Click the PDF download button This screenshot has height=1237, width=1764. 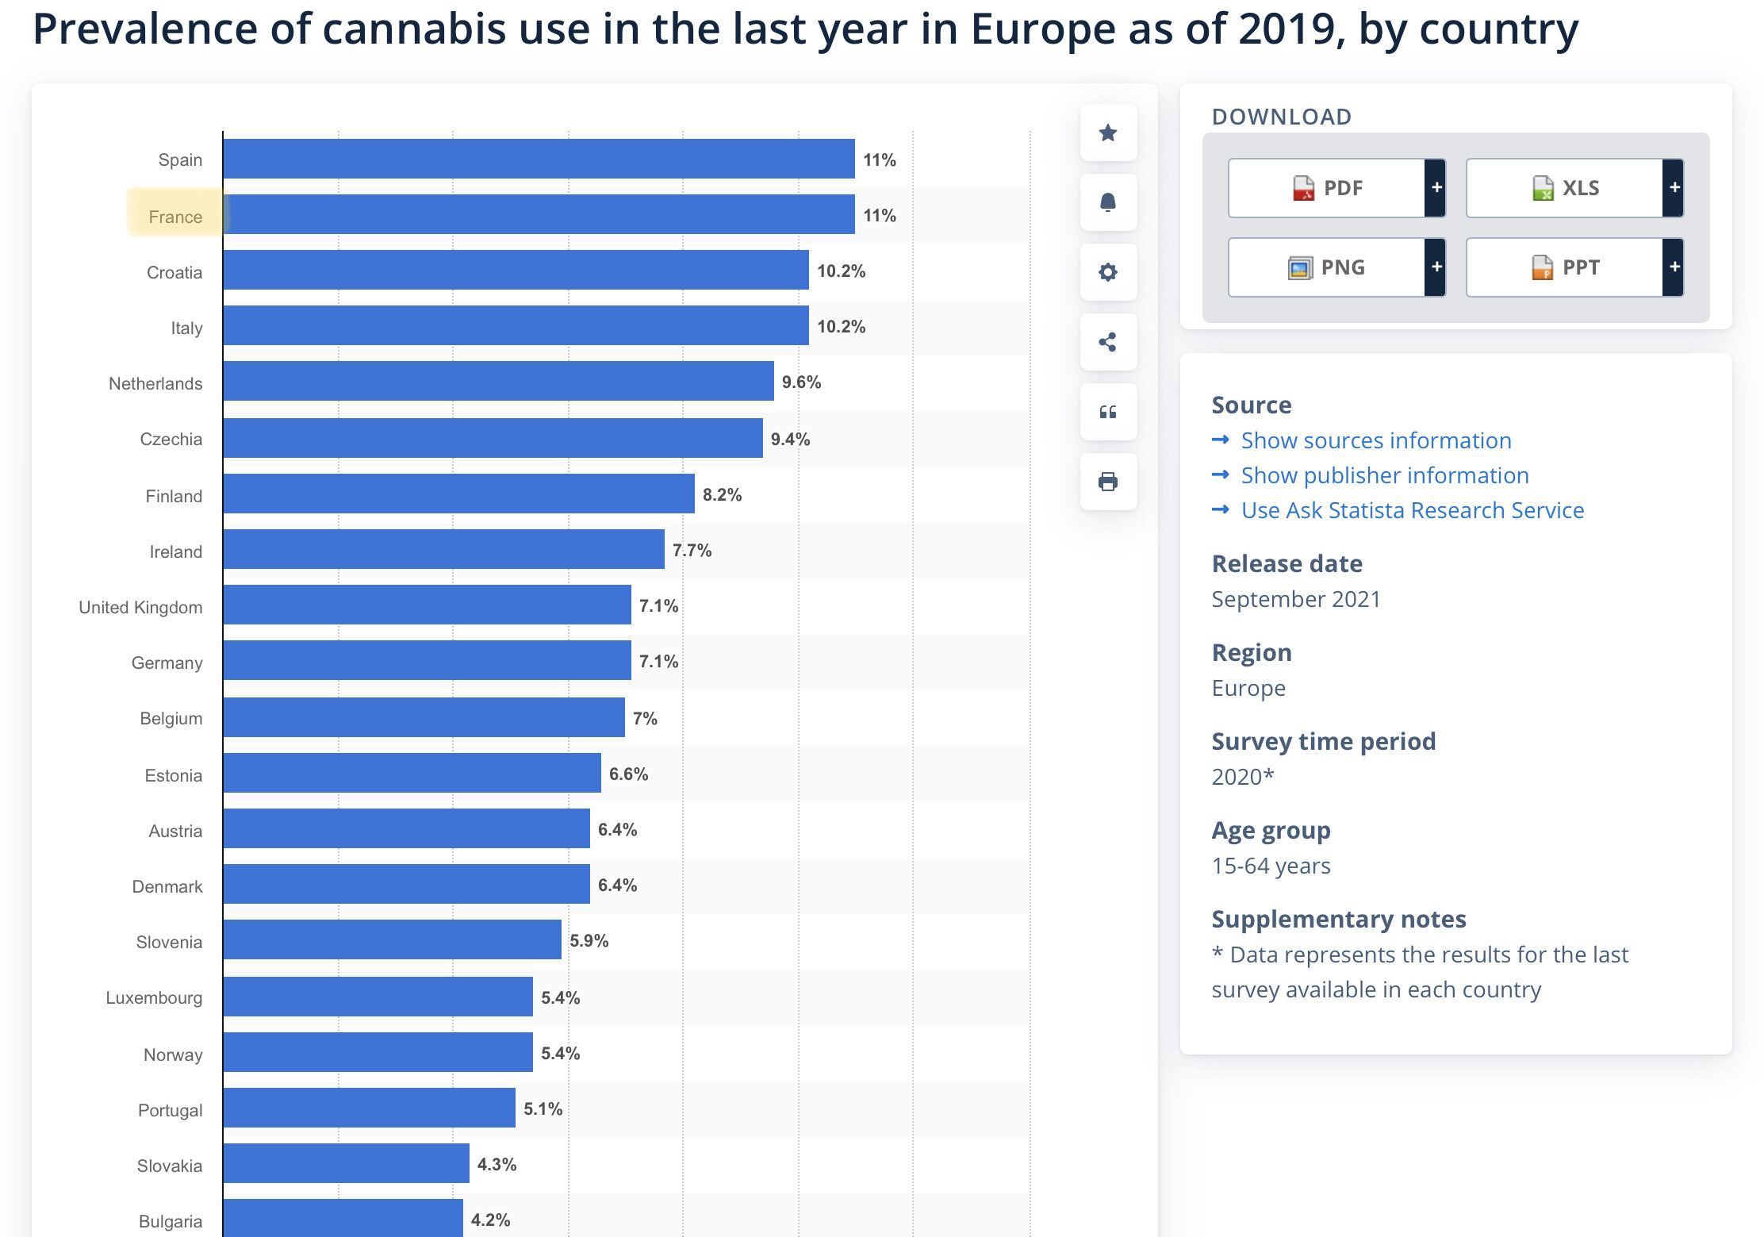coord(1327,188)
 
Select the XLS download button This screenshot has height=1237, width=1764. coord(1565,188)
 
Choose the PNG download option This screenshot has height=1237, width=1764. coord(1327,267)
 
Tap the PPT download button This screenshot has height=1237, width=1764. coord(1565,267)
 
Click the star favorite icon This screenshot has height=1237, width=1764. coord(1108,133)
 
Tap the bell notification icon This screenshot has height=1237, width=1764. coord(1108,202)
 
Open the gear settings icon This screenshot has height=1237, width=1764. coord(1108,272)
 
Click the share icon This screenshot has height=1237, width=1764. coord(1108,342)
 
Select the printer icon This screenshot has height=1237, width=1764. coord(1108,482)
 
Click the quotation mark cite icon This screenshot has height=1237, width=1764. coord(1108,412)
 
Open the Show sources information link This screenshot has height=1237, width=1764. coord(1375,440)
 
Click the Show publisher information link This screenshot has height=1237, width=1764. coord(1384,475)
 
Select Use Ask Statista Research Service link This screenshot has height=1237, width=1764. coord(1412,510)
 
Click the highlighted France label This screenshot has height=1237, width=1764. coord(175,217)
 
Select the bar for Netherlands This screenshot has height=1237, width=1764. coord(498,382)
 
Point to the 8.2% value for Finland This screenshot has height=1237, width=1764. coord(722,495)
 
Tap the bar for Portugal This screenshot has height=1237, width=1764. coord(369,1108)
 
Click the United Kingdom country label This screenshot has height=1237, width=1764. coord(140,607)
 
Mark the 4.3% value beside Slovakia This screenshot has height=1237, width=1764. coord(497,1165)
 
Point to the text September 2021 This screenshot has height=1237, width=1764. coord(1295,599)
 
